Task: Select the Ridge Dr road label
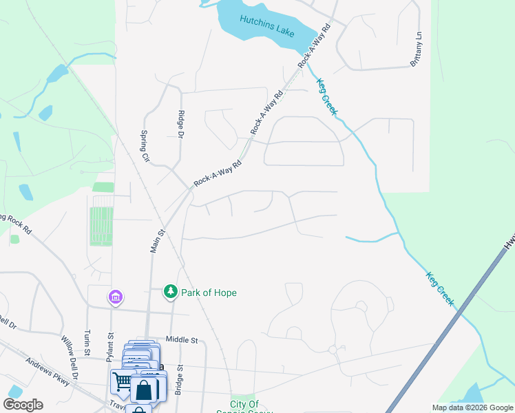click(182, 125)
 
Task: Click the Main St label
click(156, 242)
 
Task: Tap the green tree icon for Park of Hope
click(170, 293)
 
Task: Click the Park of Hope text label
click(209, 293)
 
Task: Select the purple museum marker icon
click(115, 297)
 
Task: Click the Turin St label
click(87, 342)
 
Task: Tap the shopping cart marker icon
click(122, 381)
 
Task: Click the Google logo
click(23, 405)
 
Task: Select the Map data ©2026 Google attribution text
click(472, 407)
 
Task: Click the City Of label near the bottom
click(244, 404)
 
